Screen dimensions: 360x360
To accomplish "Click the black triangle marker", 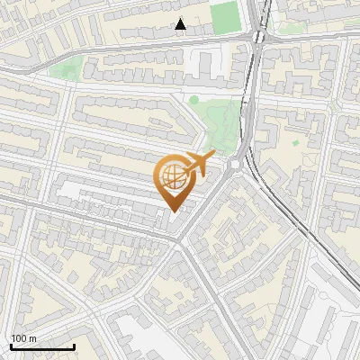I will pyautogui.click(x=181, y=24).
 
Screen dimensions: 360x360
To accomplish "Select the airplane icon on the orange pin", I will pyautogui.click(x=197, y=165).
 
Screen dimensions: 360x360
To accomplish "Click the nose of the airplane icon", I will pyautogui.click(x=213, y=155).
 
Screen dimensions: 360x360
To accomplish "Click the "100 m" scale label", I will pyautogui.click(x=24, y=338).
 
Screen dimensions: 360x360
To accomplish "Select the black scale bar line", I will pyautogui.click(x=42, y=346).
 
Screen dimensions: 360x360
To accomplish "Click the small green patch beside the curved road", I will pyautogui.click(x=66, y=67).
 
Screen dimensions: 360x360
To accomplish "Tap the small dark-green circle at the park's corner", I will pyautogui.click(x=193, y=100).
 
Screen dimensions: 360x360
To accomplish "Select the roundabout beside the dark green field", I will pyautogui.click(x=260, y=38).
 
